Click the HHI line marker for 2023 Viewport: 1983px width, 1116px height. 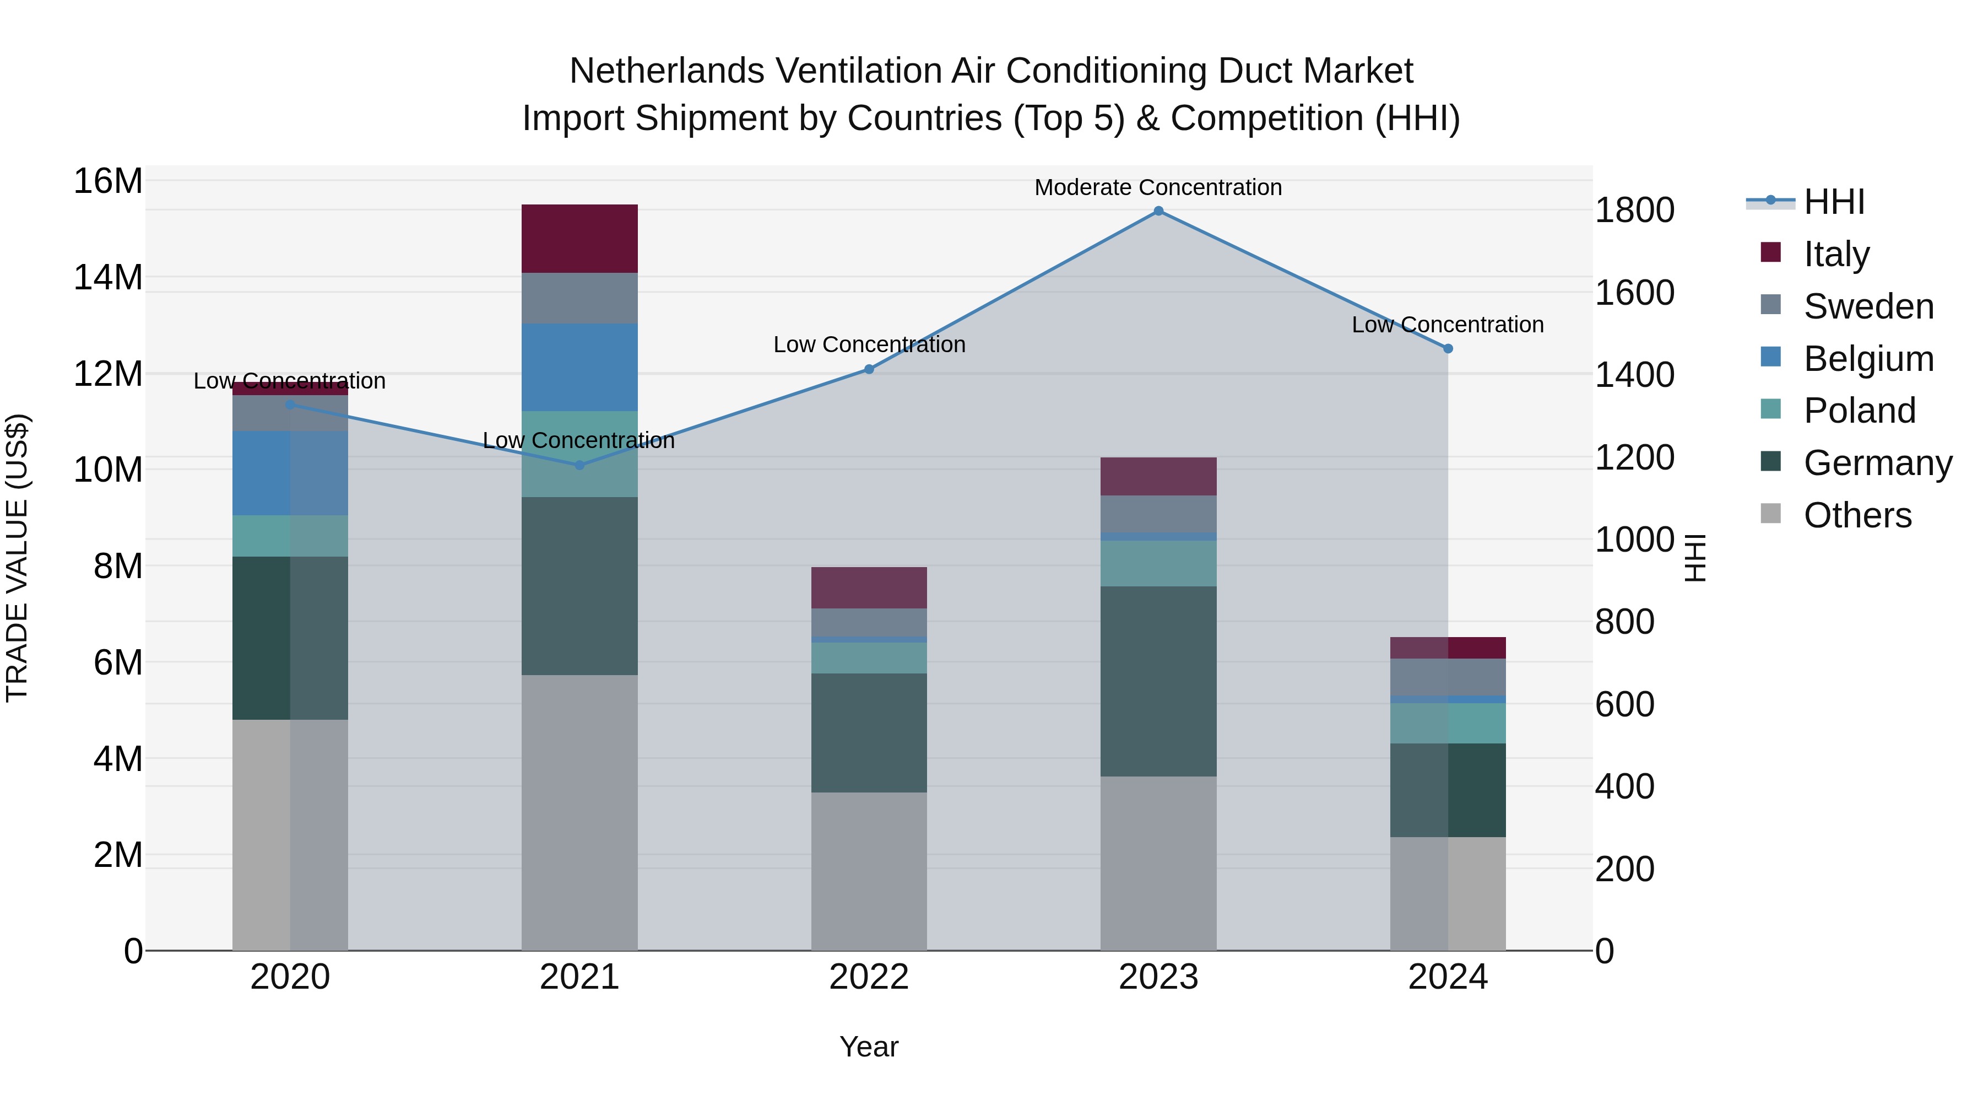click(x=1158, y=211)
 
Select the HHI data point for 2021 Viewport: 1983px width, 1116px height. click(x=579, y=465)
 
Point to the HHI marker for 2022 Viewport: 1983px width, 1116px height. click(x=869, y=370)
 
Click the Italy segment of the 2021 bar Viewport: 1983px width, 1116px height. click(x=579, y=239)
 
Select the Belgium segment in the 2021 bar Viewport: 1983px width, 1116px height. click(x=579, y=368)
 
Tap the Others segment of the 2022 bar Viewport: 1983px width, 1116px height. click(x=869, y=870)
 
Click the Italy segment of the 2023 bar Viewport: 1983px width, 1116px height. click(x=1158, y=476)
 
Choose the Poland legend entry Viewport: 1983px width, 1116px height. click(x=1859, y=411)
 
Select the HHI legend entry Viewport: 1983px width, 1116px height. click(x=1834, y=202)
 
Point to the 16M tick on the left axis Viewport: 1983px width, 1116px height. click(x=108, y=182)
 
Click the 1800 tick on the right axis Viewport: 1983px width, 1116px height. click(x=1634, y=211)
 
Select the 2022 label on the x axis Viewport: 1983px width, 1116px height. click(x=869, y=977)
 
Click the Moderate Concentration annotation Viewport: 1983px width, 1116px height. click(x=1158, y=187)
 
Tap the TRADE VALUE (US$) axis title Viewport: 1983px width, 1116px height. click(x=17, y=558)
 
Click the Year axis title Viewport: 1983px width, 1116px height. click(x=869, y=1047)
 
